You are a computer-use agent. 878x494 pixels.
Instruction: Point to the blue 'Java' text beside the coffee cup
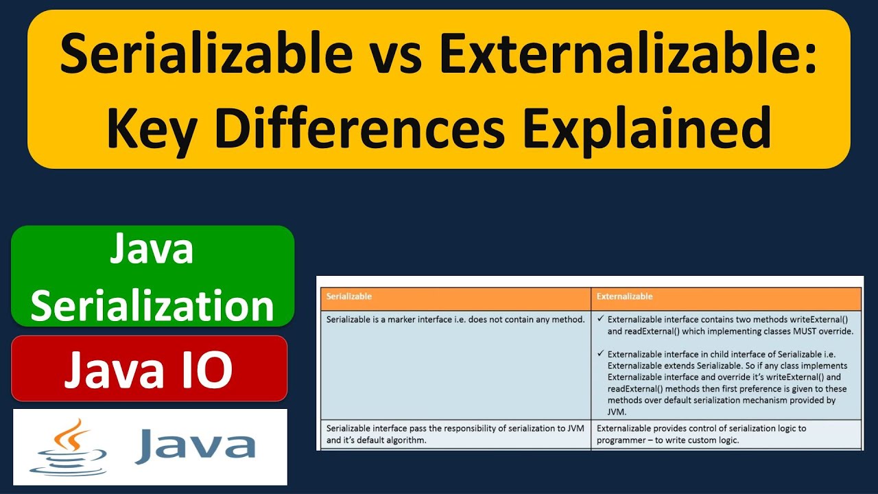pos(195,446)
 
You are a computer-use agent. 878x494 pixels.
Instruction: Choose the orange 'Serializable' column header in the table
pos(349,296)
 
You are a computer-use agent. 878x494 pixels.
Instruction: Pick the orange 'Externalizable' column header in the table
pos(624,296)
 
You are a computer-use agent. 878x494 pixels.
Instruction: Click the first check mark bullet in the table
pos(600,319)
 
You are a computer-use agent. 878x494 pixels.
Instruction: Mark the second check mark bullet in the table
pos(600,354)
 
